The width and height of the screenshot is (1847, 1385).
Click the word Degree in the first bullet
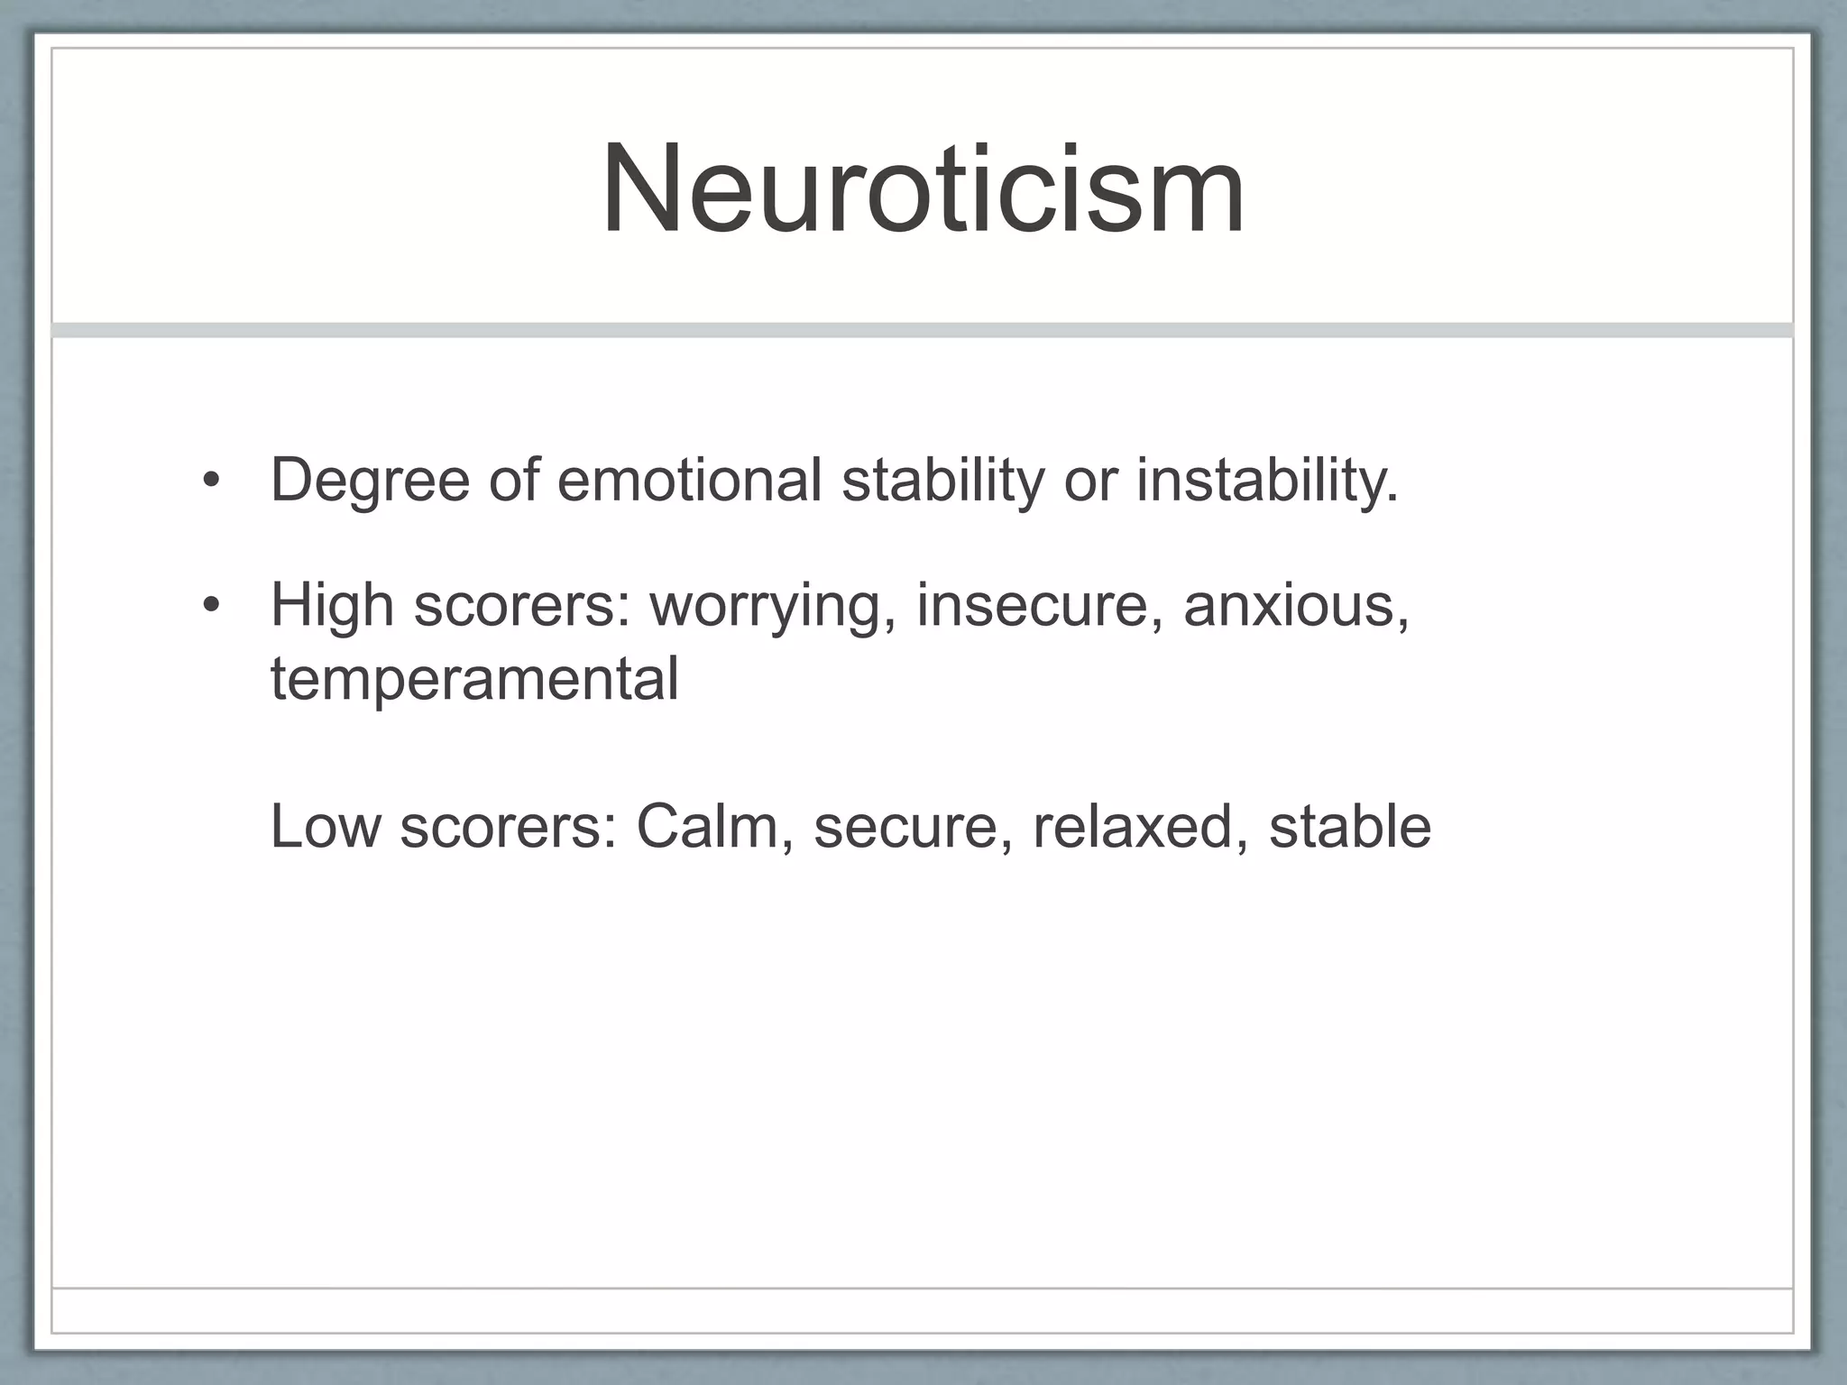click(370, 480)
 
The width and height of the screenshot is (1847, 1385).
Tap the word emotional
click(689, 480)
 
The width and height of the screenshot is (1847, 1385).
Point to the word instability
click(1266, 480)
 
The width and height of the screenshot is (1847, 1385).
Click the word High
click(332, 604)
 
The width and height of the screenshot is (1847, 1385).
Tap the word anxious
click(1295, 604)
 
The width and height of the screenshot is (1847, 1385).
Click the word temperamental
click(474, 678)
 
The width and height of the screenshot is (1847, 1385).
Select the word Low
click(326, 826)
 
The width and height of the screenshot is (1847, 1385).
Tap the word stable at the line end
click(1349, 826)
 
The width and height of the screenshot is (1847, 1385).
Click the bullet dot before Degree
click(211, 481)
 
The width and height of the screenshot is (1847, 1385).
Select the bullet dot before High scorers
click(211, 605)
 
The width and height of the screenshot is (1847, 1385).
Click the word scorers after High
click(523, 606)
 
